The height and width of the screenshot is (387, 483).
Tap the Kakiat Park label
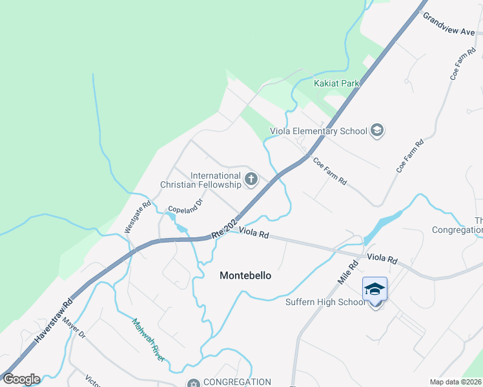[336, 83]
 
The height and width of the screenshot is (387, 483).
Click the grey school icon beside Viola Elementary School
[376, 131]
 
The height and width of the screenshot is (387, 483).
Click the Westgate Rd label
[138, 215]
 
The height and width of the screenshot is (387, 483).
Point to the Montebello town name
[245, 275]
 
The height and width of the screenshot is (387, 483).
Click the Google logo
[21, 379]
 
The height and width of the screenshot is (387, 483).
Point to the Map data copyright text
[455, 382]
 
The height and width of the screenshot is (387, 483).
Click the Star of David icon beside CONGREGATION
[190, 383]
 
